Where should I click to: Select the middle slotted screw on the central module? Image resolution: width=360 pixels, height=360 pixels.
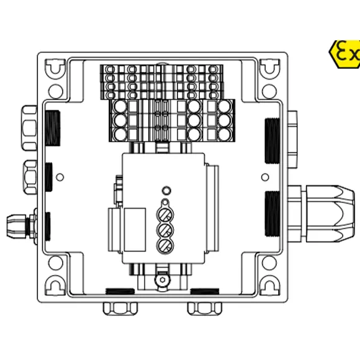click(166, 230)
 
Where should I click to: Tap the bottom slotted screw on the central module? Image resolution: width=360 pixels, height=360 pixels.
click(166, 246)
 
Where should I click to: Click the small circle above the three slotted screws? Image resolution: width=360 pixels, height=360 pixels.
click(166, 190)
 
